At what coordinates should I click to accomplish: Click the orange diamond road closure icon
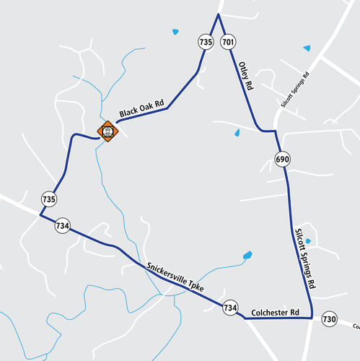pyautogui.click(x=107, y=131)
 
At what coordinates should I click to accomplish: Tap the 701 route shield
pyautogui.click(x=229, y=43)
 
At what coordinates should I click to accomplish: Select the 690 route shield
pyautogui.click(x=282, y=158)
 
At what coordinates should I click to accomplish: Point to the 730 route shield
pyautogui.click(x=330, y=318)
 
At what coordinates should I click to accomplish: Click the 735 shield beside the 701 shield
pyautogui.click(x=206, y=43)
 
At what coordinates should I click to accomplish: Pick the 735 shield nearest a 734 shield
pyautogui.click(x=49, y=199)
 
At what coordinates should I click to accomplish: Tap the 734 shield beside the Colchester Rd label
pyautogui.click(x=230, y=308)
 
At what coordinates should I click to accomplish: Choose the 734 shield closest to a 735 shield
pyautogui.click(x=62, y=226)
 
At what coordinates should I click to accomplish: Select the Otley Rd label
pyautogui.click(x=245, y=76)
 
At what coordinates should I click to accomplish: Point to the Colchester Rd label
pyautogui.click(x=275, y=313)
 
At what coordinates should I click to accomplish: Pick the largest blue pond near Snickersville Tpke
pyautogui.click(x=247, y=255)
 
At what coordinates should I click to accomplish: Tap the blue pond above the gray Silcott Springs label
pyautogui.click(x=307, y=48)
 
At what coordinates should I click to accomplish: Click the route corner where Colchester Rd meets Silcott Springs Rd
pyautogui.click(x=311, y=317)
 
